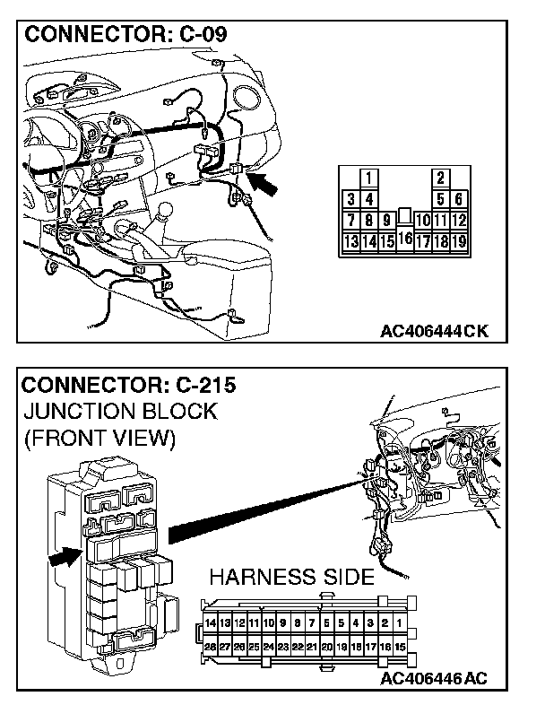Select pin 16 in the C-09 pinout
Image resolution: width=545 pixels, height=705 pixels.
point(404,239)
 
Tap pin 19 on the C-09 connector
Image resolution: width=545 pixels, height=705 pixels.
point(458,240)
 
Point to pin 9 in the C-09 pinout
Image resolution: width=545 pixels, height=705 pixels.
point(386,220)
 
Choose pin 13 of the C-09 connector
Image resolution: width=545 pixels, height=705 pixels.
point(351,240)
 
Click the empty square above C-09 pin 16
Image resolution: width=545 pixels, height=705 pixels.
point(404,216)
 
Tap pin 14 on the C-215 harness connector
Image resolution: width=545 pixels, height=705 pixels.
point(211,622)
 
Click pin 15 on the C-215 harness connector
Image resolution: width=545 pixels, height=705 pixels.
point(400,645)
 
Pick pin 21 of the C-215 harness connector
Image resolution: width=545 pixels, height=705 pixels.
point(311,645)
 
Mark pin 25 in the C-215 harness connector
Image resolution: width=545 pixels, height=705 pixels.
point(254,645)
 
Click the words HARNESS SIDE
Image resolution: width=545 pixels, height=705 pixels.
point(291,576)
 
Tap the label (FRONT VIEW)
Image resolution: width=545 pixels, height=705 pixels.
point(99,440)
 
